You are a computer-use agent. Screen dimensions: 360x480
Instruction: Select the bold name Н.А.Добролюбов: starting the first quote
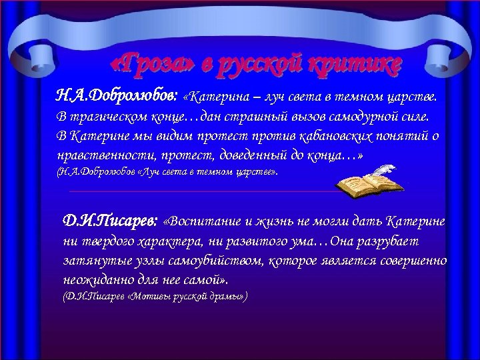(x=115, y=97)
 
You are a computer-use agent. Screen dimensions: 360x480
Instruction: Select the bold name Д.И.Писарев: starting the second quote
(x=110, y=221)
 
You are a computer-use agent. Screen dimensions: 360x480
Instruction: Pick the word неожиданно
(x=93, y=279)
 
